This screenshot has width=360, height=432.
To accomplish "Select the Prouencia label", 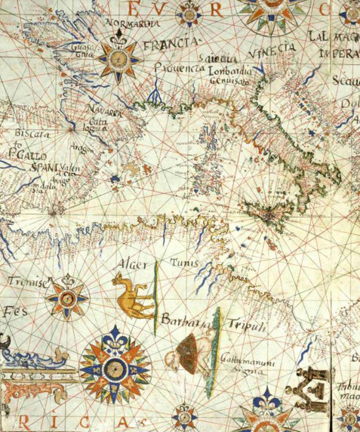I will point(179,68).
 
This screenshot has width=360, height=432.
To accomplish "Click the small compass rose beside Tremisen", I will point(66,298).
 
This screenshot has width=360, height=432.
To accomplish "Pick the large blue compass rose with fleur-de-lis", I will point(115,368).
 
